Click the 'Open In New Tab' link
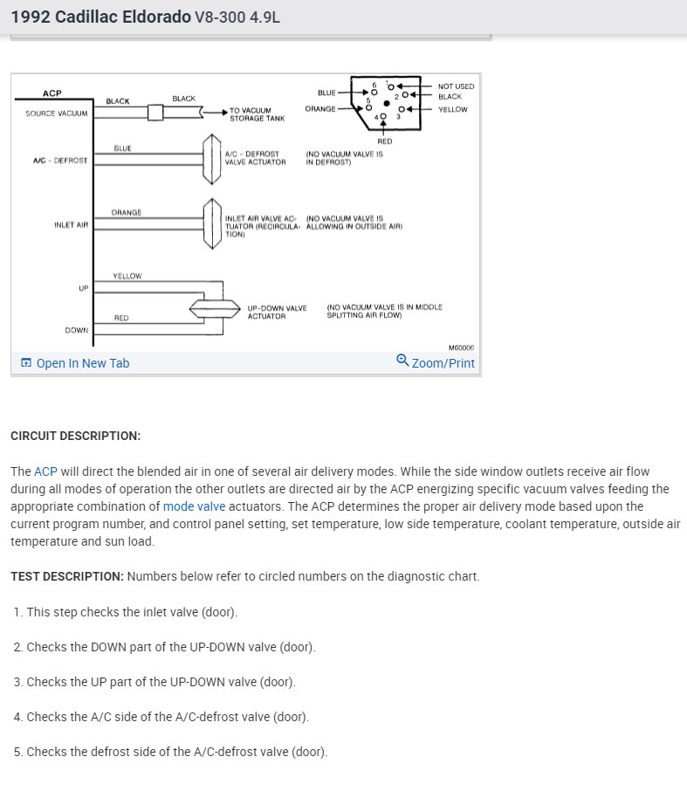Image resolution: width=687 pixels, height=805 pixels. [82, 363]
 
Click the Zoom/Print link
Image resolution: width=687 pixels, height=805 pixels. [443, 362]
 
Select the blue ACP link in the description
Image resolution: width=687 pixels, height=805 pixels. [45, 471]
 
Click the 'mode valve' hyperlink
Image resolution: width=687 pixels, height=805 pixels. [194, 506]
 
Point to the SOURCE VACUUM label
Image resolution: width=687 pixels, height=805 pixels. [56, 113]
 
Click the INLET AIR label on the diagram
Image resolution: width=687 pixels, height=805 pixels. [72, 224]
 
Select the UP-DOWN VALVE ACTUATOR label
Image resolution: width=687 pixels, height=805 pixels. [277, 312]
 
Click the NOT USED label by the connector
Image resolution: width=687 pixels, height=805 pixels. [456, 86]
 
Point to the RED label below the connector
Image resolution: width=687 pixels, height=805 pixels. [385, 141]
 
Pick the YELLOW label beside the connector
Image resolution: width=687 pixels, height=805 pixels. [453, 109]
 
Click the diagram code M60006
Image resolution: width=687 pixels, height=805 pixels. [461, 347]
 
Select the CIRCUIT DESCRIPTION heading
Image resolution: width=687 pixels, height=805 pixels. [75, 436]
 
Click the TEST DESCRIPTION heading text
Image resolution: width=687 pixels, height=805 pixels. [66, 576]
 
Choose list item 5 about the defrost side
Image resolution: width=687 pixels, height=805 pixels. [170, 752]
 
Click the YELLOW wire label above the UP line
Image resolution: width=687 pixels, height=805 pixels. [127, 276]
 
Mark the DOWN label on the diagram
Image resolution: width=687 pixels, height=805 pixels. [76, 330]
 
